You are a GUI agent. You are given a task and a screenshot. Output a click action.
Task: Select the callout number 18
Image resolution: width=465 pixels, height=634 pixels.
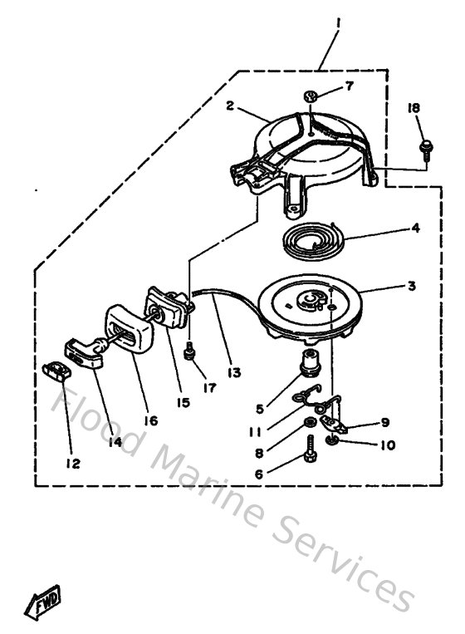point(414,108)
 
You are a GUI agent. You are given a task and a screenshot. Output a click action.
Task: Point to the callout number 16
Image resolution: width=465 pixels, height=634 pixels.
point(149,422)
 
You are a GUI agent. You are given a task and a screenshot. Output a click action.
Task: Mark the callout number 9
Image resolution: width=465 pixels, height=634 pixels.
point(384,421)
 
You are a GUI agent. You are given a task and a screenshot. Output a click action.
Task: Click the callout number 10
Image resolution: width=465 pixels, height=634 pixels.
point(387,445)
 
